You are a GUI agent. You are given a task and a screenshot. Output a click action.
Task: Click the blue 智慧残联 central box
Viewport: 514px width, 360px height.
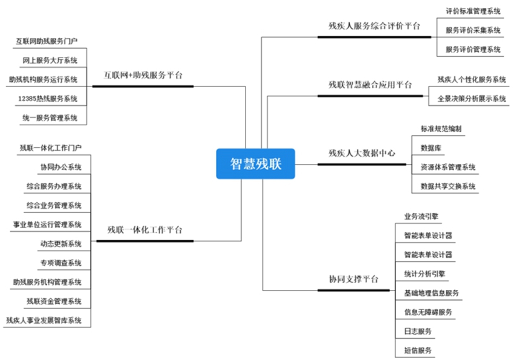255,163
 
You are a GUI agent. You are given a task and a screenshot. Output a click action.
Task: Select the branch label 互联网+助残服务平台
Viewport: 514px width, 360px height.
143,75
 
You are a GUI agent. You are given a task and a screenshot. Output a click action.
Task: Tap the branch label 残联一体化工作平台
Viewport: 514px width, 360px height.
145,229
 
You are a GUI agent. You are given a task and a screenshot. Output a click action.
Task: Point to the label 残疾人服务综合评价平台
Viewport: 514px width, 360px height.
374,26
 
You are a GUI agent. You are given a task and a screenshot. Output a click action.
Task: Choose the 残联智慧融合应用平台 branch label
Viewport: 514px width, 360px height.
370,85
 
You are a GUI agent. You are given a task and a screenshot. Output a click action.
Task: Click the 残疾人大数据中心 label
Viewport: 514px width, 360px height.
362,153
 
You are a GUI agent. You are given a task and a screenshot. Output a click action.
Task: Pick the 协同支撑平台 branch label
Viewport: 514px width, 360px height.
354,279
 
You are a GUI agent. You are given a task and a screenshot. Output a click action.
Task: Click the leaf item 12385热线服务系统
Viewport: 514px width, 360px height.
48,99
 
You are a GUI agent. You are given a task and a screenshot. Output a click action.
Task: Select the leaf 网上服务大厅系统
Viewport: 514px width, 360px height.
50,61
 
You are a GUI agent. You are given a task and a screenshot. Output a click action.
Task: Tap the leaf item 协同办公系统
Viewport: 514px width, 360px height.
61,167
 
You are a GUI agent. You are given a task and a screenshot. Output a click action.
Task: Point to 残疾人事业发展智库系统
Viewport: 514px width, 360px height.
44,320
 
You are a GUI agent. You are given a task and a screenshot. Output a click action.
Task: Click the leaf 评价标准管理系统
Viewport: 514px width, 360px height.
473,11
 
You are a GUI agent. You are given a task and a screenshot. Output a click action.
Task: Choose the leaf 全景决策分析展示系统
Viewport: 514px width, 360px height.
472,99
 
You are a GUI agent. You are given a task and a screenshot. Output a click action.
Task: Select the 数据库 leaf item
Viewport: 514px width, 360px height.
431,148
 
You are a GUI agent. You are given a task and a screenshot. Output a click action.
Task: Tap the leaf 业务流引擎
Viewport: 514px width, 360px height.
421,217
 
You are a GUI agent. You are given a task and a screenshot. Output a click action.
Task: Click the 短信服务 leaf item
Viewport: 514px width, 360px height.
418,350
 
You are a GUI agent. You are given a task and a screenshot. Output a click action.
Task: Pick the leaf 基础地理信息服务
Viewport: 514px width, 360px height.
431,293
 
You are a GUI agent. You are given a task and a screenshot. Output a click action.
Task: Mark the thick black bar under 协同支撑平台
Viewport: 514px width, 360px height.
354,290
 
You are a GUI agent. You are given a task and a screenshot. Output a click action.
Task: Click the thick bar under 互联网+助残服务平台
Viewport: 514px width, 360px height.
143,87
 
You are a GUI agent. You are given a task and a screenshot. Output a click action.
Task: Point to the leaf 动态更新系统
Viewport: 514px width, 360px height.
61,244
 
